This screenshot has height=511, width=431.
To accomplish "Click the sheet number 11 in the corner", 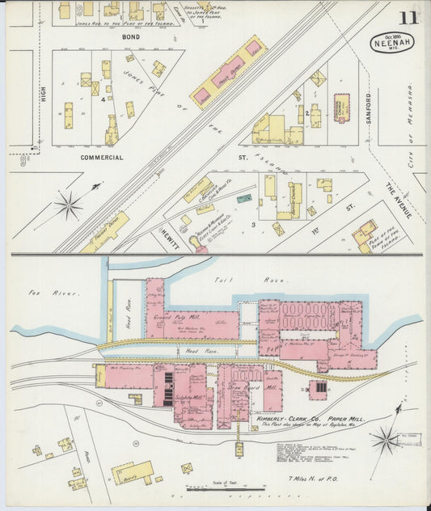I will click(413, 17).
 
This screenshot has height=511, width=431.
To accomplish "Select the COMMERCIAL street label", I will click(101, 158).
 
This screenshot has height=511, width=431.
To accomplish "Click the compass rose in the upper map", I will click(69, 205).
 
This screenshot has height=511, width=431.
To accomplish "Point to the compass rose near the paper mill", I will click(386, 439).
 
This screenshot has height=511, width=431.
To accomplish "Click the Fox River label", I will click(40, 293).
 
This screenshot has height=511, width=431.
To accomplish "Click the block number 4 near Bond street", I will click(104, 99).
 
